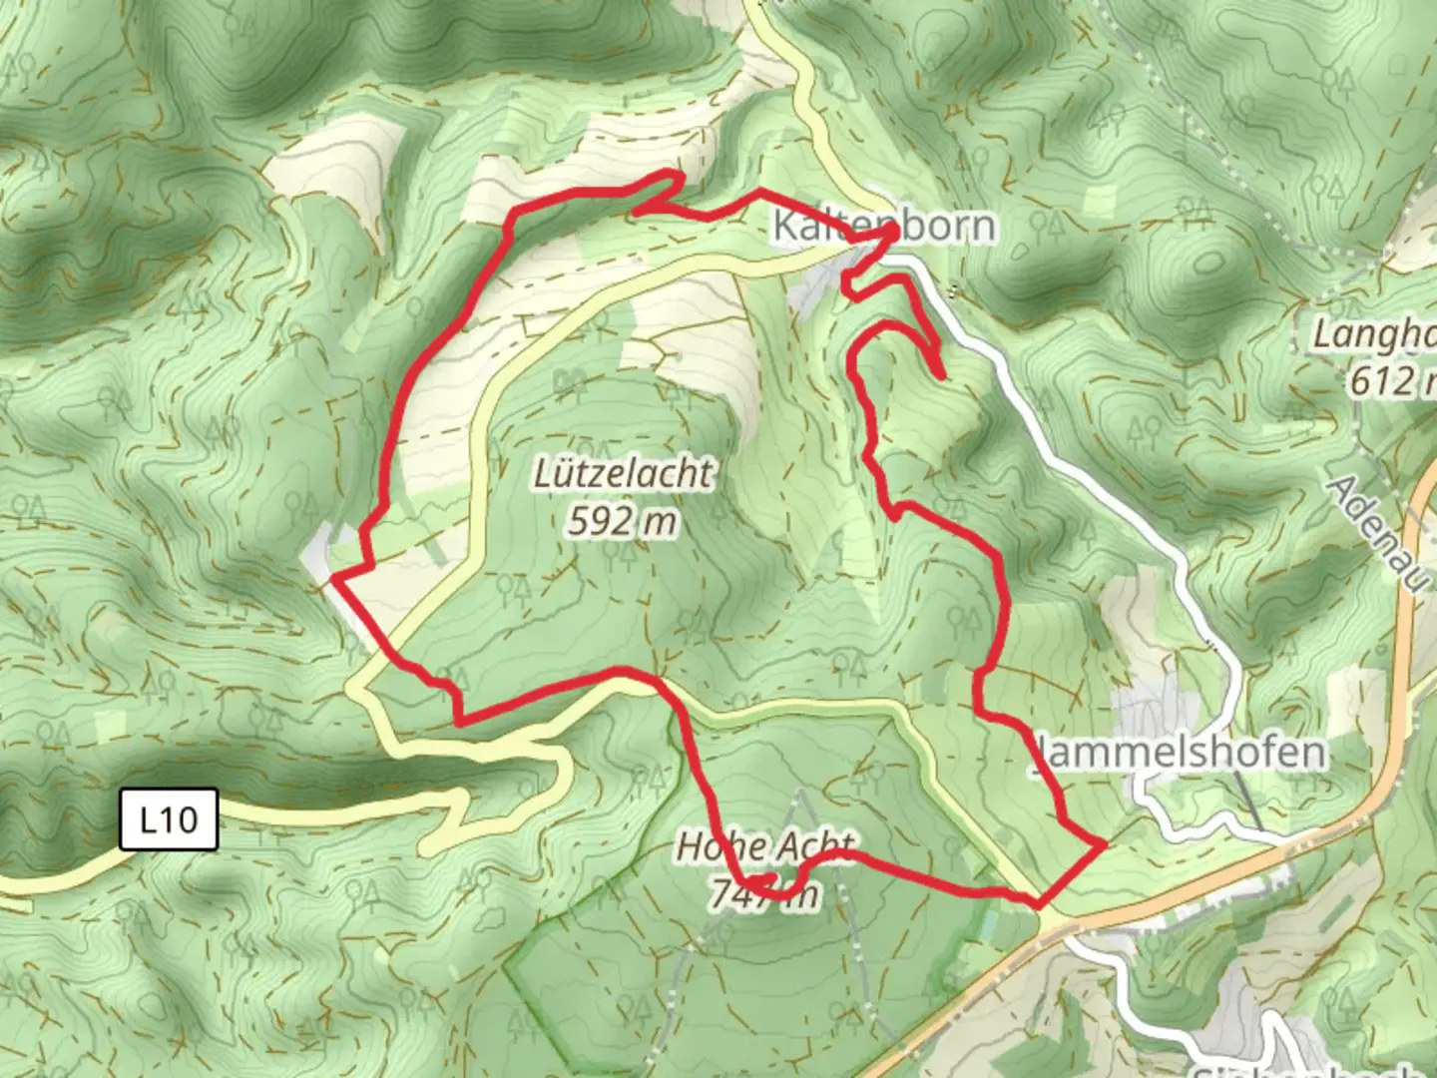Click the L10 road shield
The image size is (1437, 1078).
tap(169, 819)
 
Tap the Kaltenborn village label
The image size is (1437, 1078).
tap(884, 226)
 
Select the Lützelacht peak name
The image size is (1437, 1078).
tap(624, 473)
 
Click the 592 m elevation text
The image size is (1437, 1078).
tap(623, 520)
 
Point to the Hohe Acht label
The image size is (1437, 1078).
tap(765, 847)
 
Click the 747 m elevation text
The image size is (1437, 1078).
tap(764, 894)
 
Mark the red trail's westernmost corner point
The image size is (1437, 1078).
tap(334, 577)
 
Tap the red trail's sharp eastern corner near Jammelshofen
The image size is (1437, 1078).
tap(1102, 845)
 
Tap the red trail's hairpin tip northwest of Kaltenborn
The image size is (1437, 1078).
tap(679, 177)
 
